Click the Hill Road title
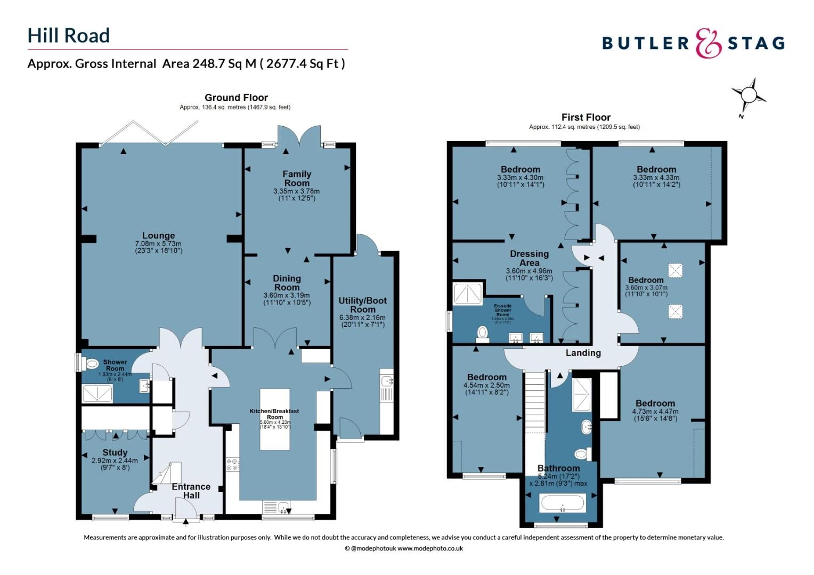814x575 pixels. coord(69,36)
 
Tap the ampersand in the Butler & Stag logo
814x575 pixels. coord(709,43)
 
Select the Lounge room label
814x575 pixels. coord(158,236)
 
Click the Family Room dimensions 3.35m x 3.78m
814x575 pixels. coord(297,191)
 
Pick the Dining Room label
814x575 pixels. coord(287,283)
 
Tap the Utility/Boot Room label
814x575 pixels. coord(363,305)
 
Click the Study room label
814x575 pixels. coord(115,453)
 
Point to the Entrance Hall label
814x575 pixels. coord(191,490)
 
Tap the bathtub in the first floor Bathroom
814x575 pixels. coord(563,503)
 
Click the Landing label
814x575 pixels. coord(583,353)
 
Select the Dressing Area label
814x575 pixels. coord(529,258)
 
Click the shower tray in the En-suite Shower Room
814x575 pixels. coord(467,294)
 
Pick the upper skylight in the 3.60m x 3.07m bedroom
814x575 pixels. coord(675,270)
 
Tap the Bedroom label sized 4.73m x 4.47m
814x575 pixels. coord(655,404)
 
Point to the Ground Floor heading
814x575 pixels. coord(236,97)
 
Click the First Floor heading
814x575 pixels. coord(585,117)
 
